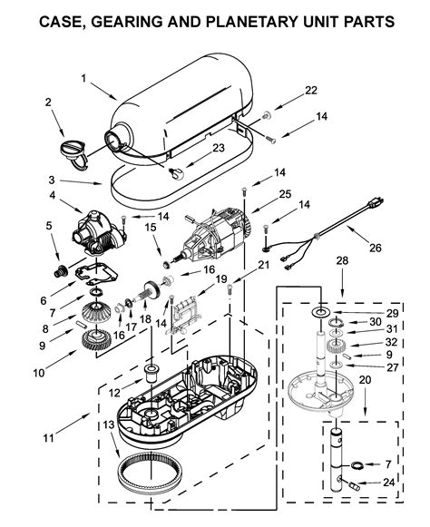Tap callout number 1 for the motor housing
(x=83, y=78)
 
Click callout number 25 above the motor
(x=285, y=193)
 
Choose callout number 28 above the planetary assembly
(x=342, y=261)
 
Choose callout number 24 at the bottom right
(x=387, y=482)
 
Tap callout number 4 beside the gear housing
(x=53, y=195)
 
